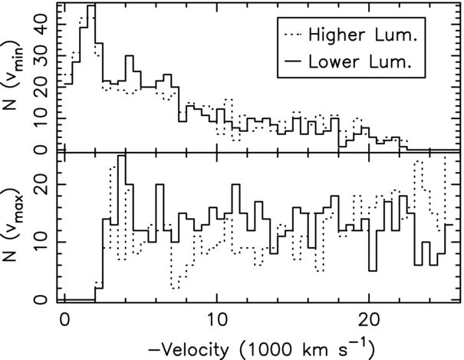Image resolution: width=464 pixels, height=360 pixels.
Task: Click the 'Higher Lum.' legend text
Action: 363,35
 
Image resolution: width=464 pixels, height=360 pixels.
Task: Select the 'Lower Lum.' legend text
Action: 360,62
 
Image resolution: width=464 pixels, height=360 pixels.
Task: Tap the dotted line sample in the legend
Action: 293,35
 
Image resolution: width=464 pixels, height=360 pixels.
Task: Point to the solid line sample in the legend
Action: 293,61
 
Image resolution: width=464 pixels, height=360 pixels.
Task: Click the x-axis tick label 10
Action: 217,319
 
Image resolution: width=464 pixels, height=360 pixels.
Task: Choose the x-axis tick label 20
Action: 369,319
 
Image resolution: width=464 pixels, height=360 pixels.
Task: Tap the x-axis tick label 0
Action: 64,319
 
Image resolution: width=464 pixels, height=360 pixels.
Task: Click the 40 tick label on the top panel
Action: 42,25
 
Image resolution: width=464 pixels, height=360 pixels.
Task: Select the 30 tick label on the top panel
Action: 42,56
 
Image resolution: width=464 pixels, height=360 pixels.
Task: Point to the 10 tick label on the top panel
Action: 42,118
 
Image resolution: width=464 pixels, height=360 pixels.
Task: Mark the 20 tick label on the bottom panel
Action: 42,184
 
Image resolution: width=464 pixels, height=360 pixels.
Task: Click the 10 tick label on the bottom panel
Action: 42,242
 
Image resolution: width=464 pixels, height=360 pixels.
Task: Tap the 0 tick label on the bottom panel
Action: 42,300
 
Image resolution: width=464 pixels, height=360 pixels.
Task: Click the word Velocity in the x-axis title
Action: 193,349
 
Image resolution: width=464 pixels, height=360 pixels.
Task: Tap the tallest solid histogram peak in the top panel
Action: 91,5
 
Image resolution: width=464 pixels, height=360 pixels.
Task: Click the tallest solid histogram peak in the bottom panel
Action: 122,155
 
